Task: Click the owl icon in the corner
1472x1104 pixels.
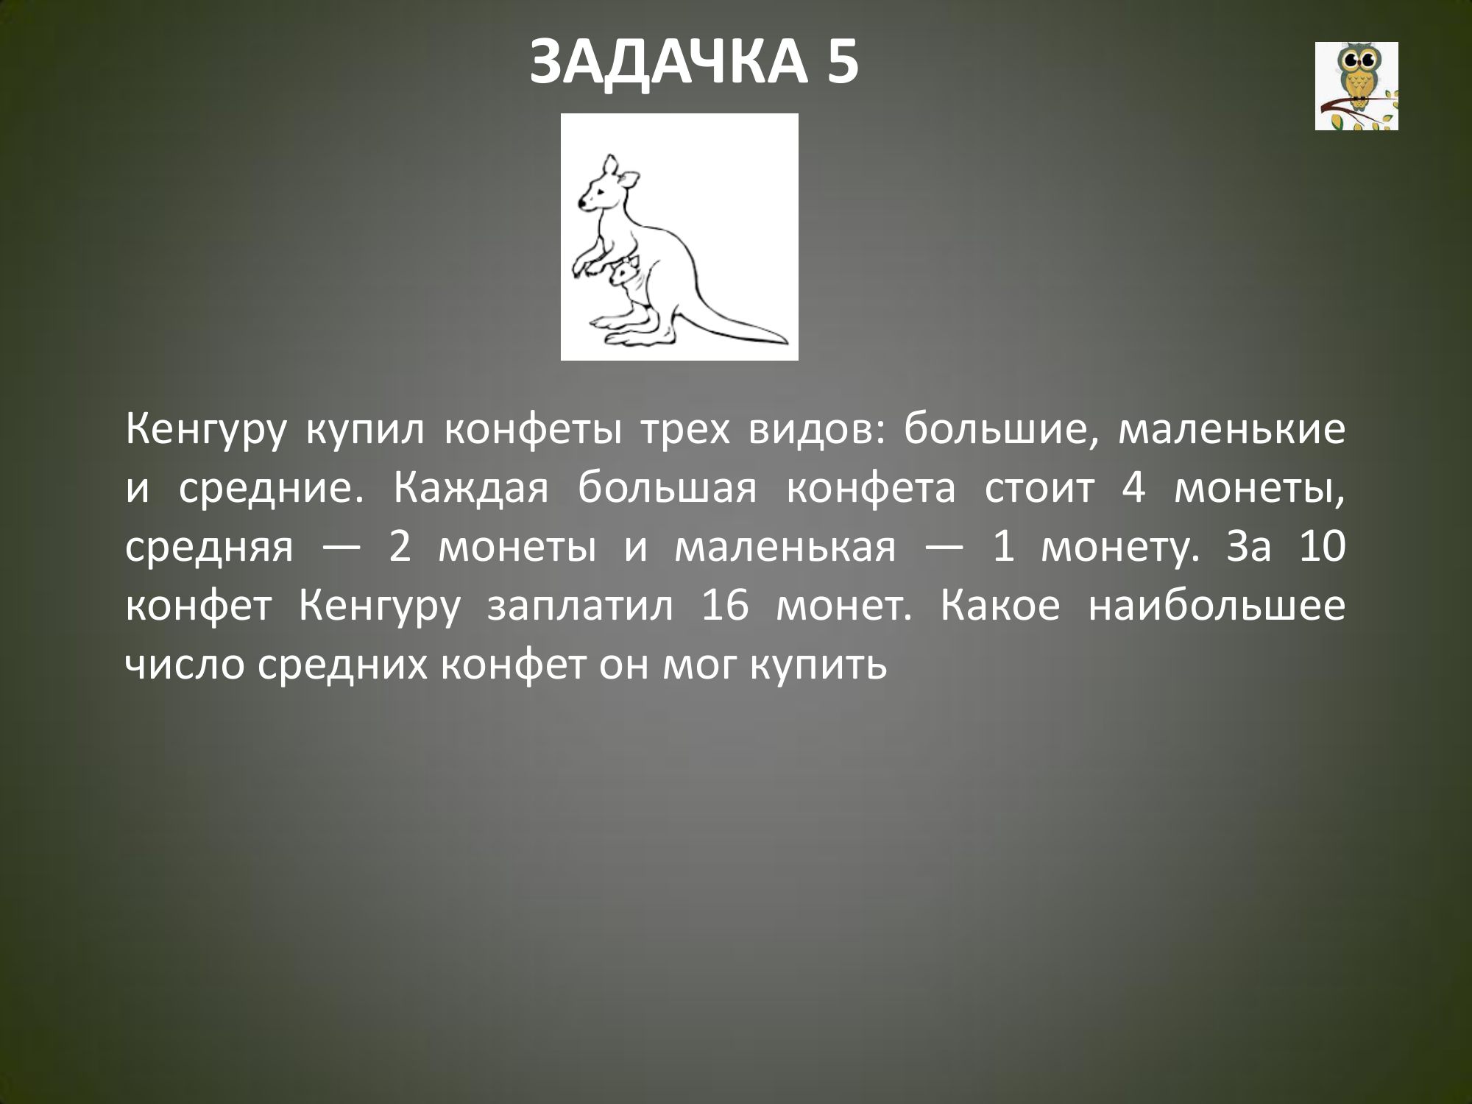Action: (1356, 86)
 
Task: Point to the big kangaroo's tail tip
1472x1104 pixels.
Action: (786, 342)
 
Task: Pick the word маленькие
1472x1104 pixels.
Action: (1231, 430)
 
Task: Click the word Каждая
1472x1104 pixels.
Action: (471, 489)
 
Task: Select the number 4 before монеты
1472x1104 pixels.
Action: (1133, 489)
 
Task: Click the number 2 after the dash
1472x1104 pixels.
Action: (400, 548)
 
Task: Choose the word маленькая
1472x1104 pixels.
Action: (785, 549)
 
